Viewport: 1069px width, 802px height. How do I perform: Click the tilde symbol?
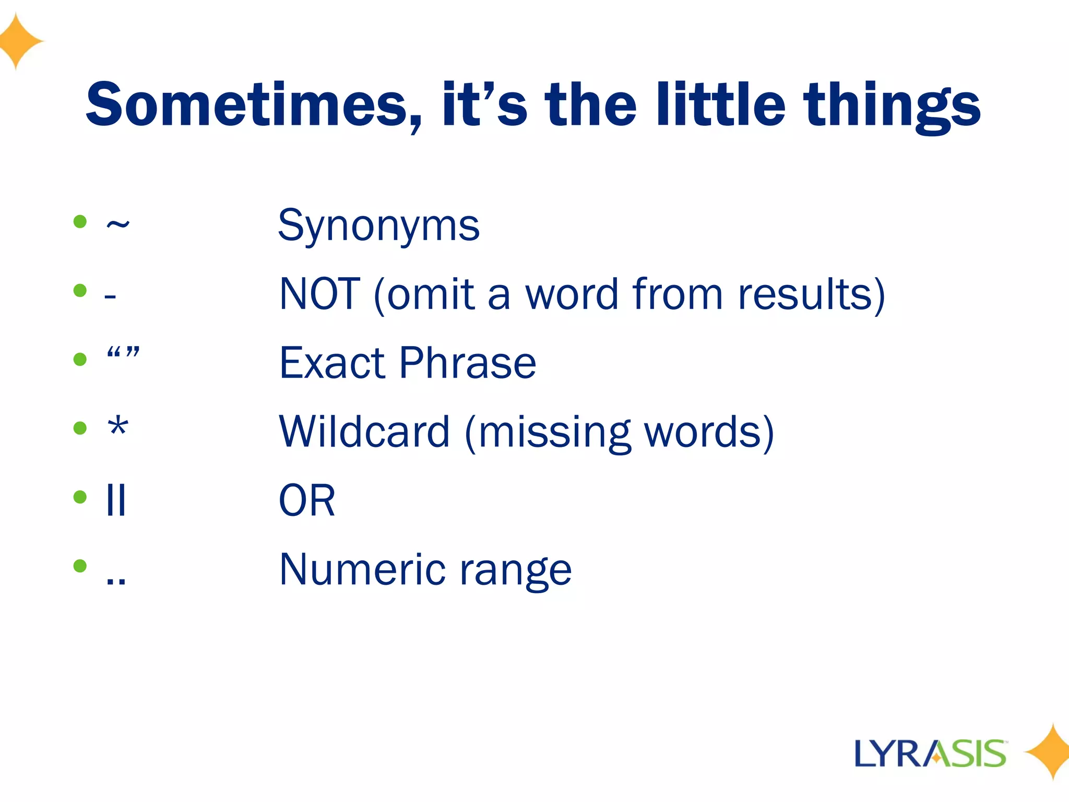click(117, 225)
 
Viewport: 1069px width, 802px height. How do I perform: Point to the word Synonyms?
click(378, 226)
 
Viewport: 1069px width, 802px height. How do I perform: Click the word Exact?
click(332, 363)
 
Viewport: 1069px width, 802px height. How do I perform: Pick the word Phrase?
click(468, 363)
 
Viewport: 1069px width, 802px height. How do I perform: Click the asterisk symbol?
click(118, 427)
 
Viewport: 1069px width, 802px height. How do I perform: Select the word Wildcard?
click(364, 432)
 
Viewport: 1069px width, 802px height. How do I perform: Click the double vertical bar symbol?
click(115, 500)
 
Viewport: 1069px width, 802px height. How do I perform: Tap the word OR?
click(307, 500)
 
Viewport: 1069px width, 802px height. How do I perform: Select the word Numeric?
click(362, 569)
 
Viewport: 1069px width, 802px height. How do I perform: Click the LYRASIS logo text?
click(930, 753)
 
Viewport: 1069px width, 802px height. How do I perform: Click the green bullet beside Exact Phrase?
click(80, 359)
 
